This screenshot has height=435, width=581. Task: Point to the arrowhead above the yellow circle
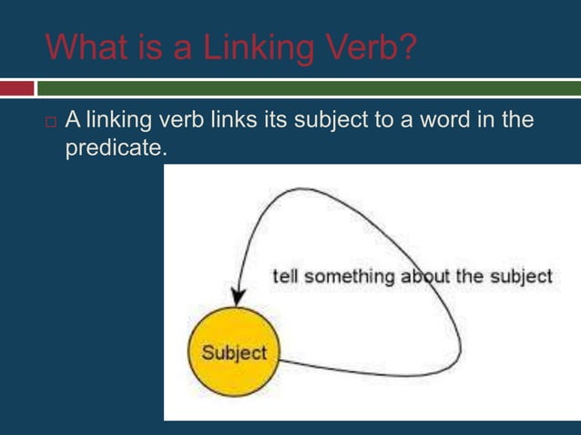pos(238,298)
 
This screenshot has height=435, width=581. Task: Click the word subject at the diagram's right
pos(520,277)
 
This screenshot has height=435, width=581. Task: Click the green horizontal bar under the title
pos(310,88)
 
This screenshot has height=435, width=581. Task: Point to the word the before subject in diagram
pos(470,277)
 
